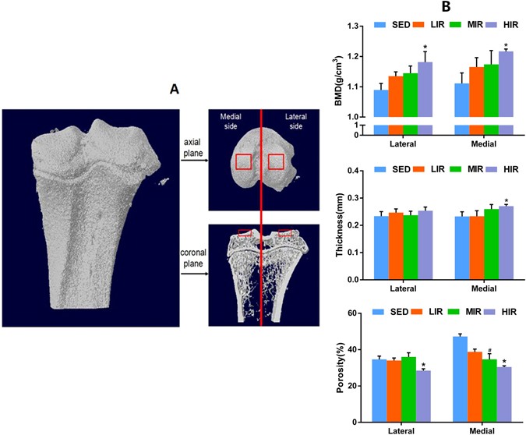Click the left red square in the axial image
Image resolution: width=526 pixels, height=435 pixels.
(244, 161)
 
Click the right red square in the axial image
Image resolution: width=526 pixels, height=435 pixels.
(276, 161)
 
